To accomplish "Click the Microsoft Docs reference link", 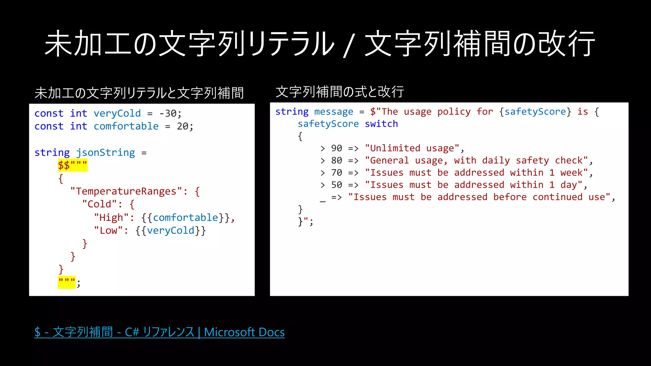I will pos(160,332).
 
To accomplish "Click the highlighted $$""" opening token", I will pos(72,165).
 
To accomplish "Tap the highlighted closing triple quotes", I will pos(67,282).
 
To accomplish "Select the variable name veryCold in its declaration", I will pos(117,113).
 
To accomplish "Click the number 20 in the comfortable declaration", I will pos(183,126).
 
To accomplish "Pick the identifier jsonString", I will pos(105,152).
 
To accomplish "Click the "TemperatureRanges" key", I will pos(126,191).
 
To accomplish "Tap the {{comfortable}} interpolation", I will pos(186,218).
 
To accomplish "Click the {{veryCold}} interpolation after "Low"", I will pos(171,231).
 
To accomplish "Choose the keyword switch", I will pos(381,124).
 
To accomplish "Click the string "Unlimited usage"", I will pos(412,148).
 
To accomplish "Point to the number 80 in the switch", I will pos(337,160).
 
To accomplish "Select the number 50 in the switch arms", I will pos(337,185).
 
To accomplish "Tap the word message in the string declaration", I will pos(333,112).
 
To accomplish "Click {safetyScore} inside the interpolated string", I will pos(535,112).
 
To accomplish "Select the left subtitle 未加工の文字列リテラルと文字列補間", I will pos(139,93).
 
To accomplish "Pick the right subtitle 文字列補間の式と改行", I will pos(339,92).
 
